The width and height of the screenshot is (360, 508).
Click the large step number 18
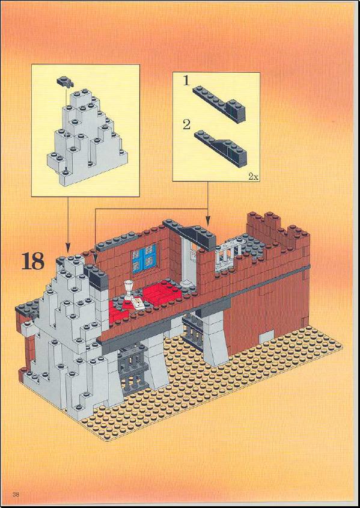[x=32, y=262]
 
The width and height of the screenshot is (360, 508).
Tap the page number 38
[x=16, y=494]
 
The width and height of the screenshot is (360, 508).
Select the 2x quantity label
[x=253, y=177]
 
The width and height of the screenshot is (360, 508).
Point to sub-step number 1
[x=186, y=81]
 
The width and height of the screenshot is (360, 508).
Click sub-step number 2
[x=186, y=124]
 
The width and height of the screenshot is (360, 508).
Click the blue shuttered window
[x=144, y=258]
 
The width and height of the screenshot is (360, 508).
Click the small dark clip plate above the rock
[x=65, y=81]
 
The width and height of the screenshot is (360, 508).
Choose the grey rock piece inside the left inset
[x=87, y=136]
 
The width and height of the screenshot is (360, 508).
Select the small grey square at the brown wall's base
[x=266, y=336]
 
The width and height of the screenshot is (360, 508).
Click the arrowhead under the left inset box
[x=68, y=249]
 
